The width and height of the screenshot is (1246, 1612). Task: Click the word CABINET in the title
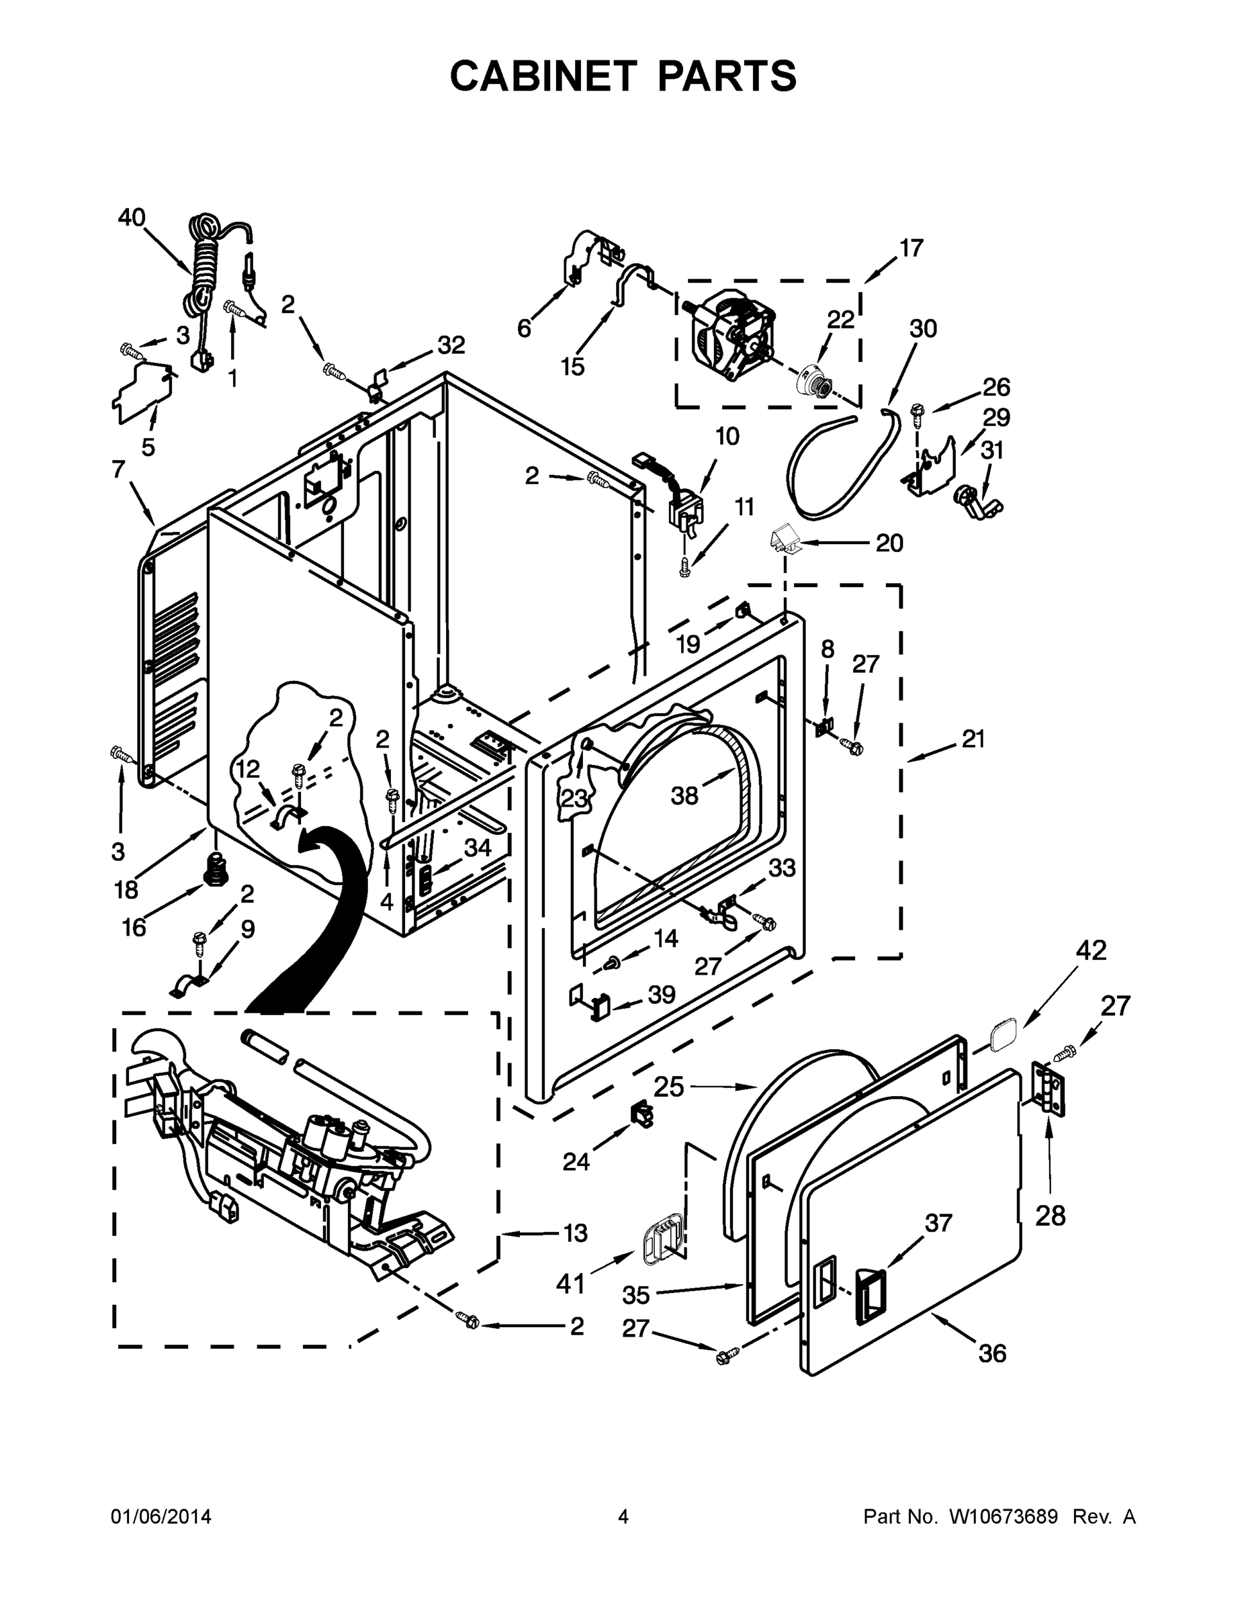543,75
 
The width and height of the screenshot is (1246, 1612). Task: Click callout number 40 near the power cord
132,217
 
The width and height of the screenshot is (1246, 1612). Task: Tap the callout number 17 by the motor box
911,248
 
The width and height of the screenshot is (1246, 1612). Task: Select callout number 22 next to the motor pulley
840,319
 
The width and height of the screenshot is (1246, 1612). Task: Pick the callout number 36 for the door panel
992,1353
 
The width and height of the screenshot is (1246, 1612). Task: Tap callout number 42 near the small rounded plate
1091,950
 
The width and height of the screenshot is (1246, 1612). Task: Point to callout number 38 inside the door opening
684,796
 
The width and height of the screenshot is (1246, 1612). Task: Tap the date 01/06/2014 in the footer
161,1516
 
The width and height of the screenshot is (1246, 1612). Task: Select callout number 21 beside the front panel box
973,738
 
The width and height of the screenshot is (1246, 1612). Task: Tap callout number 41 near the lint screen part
570,1284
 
